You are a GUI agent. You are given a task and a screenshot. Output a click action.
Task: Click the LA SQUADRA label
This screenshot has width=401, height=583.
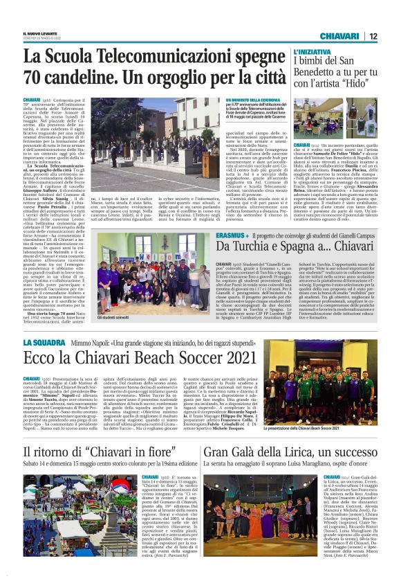pos(44,343)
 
